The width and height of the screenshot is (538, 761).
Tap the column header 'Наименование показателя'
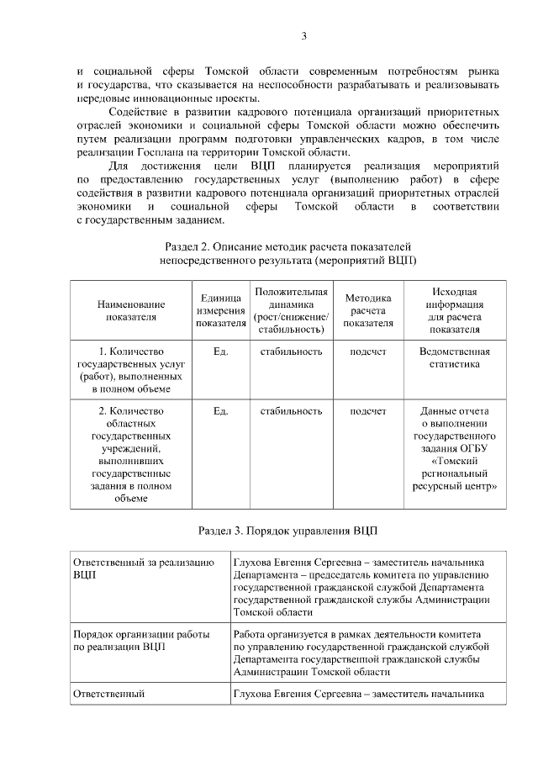(130, 310)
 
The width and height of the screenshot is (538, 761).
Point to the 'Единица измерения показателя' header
(220, 310)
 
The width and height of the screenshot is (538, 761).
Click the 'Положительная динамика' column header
(291, 310)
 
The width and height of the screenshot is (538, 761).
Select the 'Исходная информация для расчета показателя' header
(454, 310)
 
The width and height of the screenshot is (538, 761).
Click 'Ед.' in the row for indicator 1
(221, 351)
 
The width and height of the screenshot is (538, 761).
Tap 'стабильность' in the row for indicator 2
(291, 411)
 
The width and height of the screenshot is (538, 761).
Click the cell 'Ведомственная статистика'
(454, 357)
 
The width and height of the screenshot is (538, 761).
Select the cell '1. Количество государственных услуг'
(130, 370)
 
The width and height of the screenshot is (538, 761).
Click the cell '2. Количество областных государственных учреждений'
(130, 455)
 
